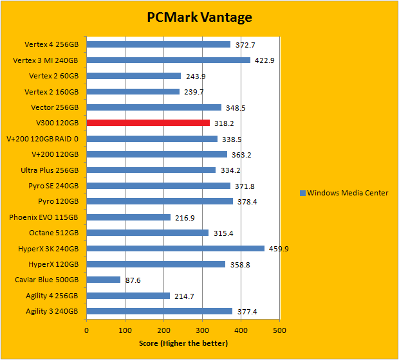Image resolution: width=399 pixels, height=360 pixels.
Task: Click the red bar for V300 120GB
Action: click(148, 123)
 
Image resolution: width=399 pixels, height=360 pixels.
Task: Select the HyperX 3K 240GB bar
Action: click(175, 248)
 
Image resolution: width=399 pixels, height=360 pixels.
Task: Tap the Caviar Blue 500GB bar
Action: click(104, 280)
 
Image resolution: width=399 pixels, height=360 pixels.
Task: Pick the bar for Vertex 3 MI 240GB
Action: click(168, 60)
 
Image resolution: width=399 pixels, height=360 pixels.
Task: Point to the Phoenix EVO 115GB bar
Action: click(128, 217)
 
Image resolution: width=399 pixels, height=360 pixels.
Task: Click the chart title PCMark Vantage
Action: click(198, 17)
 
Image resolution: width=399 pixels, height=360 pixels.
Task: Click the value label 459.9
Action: click(279, 249)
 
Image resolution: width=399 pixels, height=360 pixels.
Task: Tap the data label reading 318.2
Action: click(224, 123)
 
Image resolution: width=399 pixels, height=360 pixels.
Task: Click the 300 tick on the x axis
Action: click(202, 330)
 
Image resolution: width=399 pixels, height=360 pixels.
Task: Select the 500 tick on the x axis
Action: click(279, 330)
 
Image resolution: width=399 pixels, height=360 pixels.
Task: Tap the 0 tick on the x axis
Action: click(87, 330)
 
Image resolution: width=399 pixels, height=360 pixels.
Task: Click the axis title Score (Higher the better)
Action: click(183, 343)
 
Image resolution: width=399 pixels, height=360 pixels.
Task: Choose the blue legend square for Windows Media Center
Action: click(302, 193)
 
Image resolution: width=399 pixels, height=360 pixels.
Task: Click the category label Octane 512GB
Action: click(54, 233)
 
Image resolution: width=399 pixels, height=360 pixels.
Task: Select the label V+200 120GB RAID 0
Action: click(42, 139)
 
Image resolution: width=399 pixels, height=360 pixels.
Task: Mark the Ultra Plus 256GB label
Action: click(50, 170)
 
